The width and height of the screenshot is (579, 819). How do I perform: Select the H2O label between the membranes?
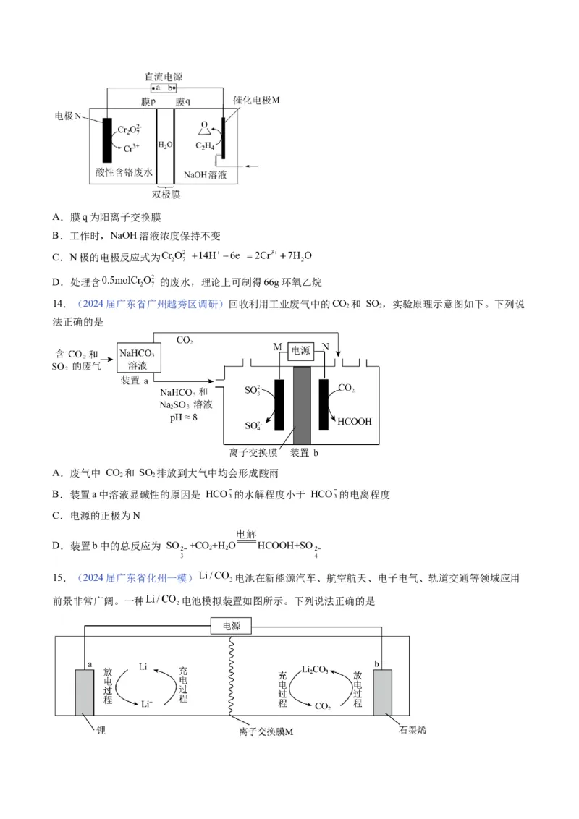pyautogui.click(x=166, y=145)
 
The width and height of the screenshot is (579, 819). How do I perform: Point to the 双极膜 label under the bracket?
pyautogui.click(x=166, y=194)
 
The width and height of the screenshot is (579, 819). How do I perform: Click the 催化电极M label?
pyautogui.click(x=256, y=100)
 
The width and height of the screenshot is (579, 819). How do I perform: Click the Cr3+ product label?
pyautogui.click(x=132, y=149)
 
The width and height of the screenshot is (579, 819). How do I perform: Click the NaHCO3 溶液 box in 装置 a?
pyautogui.click(x=139, y=359)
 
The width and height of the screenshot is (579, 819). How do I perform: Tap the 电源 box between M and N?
pyautogui.click(x=300, y=350)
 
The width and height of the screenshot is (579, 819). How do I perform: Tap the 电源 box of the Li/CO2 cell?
pyautogui.click(x=232, y=626)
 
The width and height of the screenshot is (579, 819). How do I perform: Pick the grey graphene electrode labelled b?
pyautogui.click(x=383, y=692)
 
